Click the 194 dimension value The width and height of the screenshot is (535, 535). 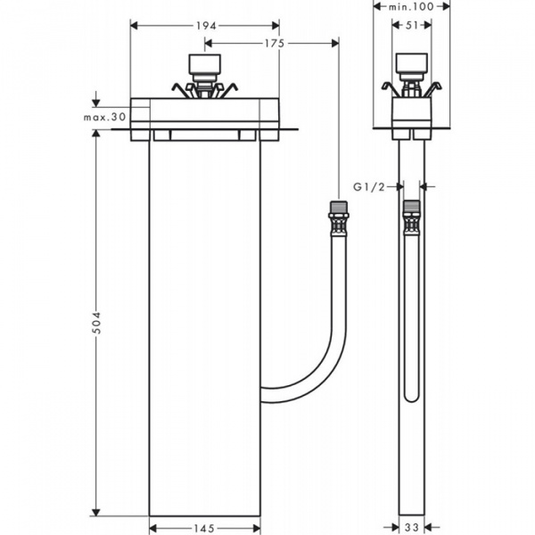(205, 25)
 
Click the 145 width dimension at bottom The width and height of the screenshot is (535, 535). (205, 528)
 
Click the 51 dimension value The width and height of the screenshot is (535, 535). (411, 25)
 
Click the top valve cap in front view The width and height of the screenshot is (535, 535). (205, 67)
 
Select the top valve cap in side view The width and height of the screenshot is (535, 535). (411, 67)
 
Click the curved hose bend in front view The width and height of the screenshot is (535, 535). (317, 370)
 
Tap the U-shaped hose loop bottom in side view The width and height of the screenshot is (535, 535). (411, 397)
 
